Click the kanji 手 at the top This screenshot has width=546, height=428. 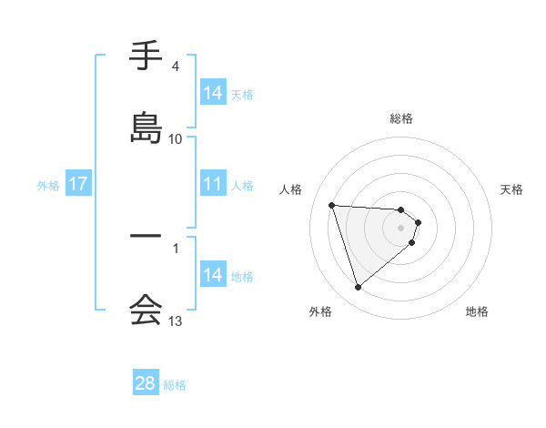tap(146, 59)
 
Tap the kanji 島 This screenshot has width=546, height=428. tap(146, 129)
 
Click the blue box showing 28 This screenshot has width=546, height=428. tap(146, 383)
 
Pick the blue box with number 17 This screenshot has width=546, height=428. tap(78, 184)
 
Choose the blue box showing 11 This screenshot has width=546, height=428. tap(213, 184)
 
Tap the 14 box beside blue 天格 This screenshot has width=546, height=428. tap(213, 92)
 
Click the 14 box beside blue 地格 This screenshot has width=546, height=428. tap(213, 275)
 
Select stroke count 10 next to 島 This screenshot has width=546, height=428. tap(176, 138)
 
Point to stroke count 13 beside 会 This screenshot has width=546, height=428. tap(176, 321)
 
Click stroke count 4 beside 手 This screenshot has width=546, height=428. tap(176, 66)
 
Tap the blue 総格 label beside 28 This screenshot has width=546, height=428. tap(175, 385)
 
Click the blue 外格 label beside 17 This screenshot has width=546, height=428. tap(48, 185)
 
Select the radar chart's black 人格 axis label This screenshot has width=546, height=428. tap(291, 189)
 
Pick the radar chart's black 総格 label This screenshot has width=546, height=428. tap(401, 118)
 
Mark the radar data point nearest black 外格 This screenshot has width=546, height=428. tap(358, 288)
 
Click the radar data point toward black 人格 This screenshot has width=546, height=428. tap(332, 205)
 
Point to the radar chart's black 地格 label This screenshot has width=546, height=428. tap(477, 312)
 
